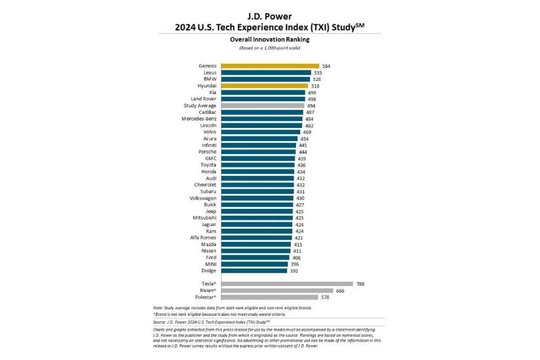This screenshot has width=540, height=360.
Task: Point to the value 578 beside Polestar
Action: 326,297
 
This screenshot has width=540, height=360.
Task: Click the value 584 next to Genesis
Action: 326,66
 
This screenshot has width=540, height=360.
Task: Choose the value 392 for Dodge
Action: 294,270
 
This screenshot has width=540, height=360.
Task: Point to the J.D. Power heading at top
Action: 269,16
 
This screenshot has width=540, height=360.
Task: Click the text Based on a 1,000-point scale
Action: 269,48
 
